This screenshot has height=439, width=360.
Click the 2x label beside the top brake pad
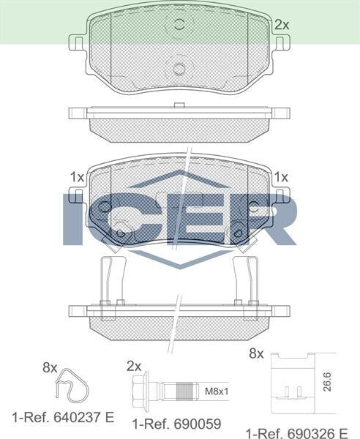(282, 25)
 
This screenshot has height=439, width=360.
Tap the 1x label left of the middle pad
(76, 177)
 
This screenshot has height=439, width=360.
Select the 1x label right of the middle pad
(281, 177)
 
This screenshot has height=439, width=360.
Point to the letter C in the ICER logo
(117, 218)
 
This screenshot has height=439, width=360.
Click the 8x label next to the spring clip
(50, 368)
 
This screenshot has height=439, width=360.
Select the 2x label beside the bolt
(133, 365)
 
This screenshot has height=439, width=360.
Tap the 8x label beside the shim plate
(255, 353)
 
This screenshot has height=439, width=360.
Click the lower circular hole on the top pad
(179, 70)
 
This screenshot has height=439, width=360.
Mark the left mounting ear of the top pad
(77, 43)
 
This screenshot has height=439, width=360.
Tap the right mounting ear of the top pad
(282, 43)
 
